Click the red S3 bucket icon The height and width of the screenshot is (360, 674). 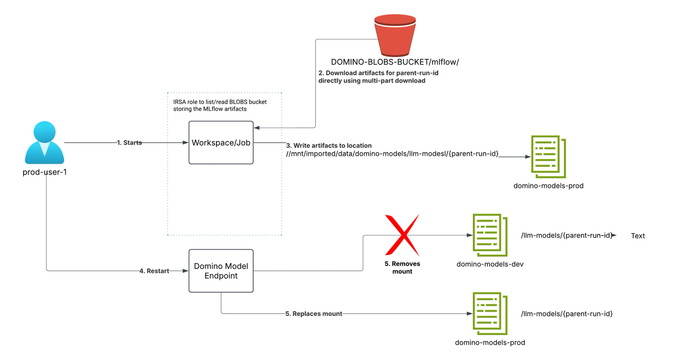pyautogui.click(x=395, y=36)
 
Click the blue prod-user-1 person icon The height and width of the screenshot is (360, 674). pyautogui.click(x=45, y=143)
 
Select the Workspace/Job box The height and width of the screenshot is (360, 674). pyautogui.click(x=221, y=142)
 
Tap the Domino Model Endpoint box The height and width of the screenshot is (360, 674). pyautogui.click(x=221, y=271)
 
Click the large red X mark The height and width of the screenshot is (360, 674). pyautogui.click(x=402, y=235)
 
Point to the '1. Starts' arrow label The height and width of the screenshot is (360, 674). pyautogui.click(x=130, y=143)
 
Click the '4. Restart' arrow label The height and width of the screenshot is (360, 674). pyautogui.click(x=154, y=271)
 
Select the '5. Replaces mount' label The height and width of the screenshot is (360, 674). pyautogui.click(x=313, y=314)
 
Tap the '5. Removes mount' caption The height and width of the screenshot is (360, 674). pyautogui.click(x=402, y=267)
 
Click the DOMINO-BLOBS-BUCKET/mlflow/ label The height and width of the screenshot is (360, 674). pyautogui.click(x=395, y=62)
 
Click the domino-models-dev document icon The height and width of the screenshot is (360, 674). pyautogui.click(x=490, y=235)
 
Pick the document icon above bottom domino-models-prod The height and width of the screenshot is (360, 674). pyautogui.click(x=490, y=313)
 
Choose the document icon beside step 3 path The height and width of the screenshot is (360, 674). pyautogui.click(x=548, y=157)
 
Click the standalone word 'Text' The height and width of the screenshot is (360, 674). pyautogui.click(x=638, y=236)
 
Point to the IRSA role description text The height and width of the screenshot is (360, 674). pyautogui.click(x=220, y=105)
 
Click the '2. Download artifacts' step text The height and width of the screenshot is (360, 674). pyautogui.click(x=378, y=77)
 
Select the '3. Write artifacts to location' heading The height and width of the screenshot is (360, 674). pyautogui.click(x=329, y=146)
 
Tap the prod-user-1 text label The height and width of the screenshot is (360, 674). pyautogui.click(x=45, y=172)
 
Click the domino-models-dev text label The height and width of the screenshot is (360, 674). pyautogui.click(x=490, y=264)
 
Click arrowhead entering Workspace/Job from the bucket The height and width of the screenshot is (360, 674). pyautogui.click(x=257, y=128)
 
